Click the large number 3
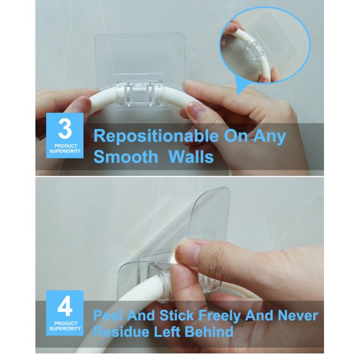(65, 129)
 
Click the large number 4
(65, 307)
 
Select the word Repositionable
(156, 137)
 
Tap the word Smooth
(126, 157)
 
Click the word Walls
(191, 157)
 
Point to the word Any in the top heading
(270, 137)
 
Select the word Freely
(219, 316)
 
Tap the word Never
(298, 315)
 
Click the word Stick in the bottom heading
(176, 315)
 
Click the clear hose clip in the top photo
(140, 94)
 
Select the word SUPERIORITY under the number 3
(65, 151)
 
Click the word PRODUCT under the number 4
(65, 323)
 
